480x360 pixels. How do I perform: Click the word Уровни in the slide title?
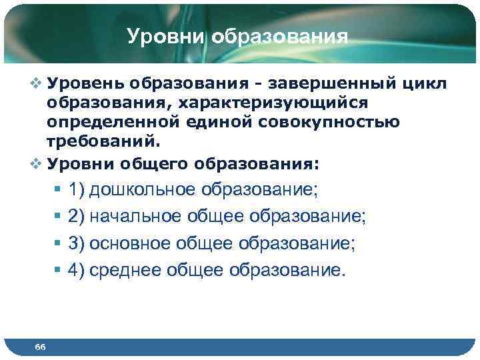pos(167,36)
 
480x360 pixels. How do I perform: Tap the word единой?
pos(231,123)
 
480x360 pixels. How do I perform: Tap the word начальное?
pos(139,217)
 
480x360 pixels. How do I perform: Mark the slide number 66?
pos(40,347)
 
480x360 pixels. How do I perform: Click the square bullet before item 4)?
pos(58,271)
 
